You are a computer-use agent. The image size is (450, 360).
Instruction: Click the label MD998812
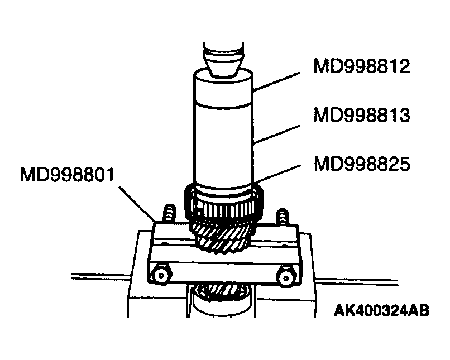(362, 67)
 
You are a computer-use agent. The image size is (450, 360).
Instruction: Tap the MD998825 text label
(362, 164)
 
